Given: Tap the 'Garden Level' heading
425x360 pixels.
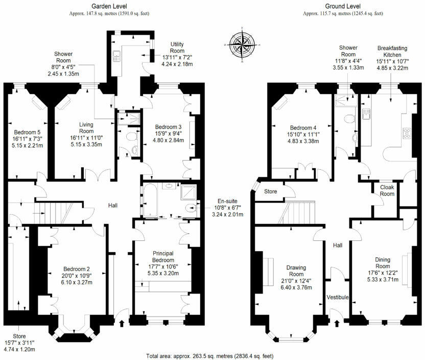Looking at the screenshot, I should (109, 6).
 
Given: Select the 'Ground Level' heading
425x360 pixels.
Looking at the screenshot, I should (343, 6).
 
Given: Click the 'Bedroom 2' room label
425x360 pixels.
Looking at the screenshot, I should (77, 269).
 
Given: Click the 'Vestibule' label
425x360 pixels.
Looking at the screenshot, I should (338, 297).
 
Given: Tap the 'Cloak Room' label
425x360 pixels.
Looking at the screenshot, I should (387, 190).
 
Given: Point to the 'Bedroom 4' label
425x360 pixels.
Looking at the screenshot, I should (303, 128).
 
